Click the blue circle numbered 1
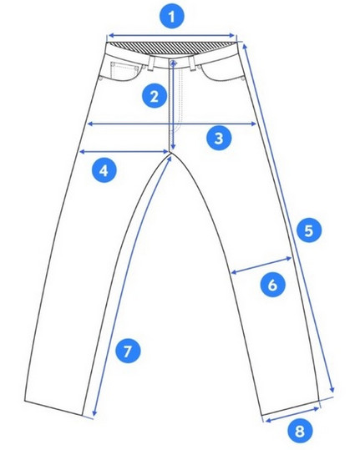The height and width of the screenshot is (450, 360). click(x=171, y=17)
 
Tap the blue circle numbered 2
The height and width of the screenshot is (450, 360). click(x=155, y=96)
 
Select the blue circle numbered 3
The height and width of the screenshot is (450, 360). click(x=219, y=138)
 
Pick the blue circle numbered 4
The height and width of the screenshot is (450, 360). click(x=104, y=170)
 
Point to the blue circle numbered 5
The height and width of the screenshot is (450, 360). click(x=309, y=230)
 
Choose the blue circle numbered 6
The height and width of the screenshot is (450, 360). click(x=272, y=285)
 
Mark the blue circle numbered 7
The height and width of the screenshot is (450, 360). click(x=128, y=351)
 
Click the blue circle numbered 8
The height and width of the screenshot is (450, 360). click(x=300, y=431)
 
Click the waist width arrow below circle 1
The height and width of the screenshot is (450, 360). click(x=172, y=36)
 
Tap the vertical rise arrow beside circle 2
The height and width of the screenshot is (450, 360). click(x=173, y=104)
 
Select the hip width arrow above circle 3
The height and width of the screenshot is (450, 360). click(x=172, y=124)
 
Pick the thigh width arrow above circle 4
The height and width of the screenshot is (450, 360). click(x=124, y=152)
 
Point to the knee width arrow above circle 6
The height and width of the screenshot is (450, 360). click(x=261, y=265)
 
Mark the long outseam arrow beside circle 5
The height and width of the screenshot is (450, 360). click(x=288, y=218)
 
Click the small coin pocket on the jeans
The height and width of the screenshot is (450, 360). click(x=124, y=68)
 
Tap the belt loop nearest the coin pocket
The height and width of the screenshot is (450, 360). click(x=151, y=63)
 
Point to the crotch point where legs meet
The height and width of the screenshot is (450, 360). click(x=171, y=153)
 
